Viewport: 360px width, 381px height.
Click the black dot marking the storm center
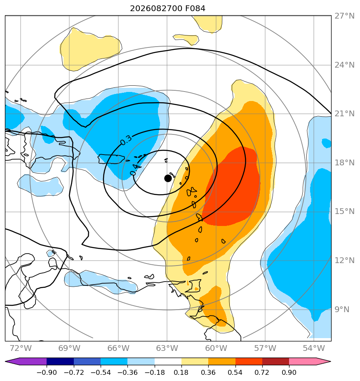pos(168,178)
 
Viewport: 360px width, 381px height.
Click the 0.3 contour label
pos(126,140)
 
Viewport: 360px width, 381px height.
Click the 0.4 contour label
pos(135,169)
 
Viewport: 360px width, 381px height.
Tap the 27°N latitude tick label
pos(344,16)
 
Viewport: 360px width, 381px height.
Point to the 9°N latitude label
pos(342,310)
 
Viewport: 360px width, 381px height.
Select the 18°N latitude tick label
pos(344,163)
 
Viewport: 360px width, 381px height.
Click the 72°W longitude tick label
pos(21,348)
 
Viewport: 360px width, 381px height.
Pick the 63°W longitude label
pos(167,348)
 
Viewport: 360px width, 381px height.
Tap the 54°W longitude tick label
pos(314,348)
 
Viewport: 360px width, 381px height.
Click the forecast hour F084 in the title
pos(195,9)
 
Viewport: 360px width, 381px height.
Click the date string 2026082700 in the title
pos(156,9)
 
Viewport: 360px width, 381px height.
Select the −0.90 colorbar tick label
pos(47,372)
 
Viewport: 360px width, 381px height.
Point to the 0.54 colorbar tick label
pos(235,372)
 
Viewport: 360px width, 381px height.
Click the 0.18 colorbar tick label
pos(181,372)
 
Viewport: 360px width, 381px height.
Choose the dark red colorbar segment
pos(275,361)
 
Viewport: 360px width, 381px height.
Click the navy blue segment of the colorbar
pos(60,361)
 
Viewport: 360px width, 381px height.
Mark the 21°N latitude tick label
pos(344,114)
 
